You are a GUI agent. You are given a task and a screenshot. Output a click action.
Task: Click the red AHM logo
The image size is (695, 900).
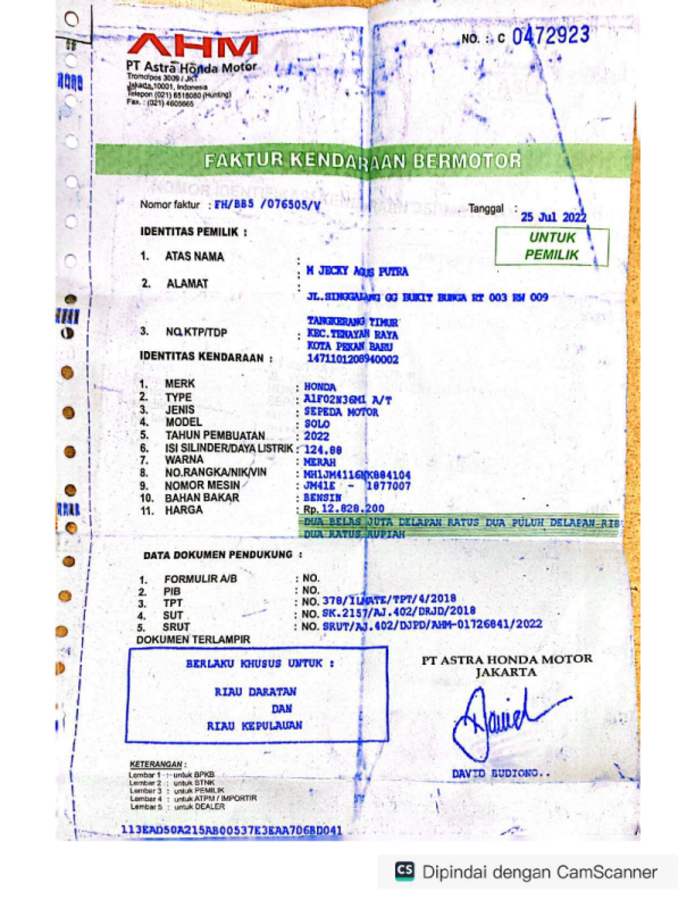[x=192, y=46]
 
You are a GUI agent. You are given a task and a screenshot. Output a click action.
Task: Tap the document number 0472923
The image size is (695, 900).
[x=550, y=36]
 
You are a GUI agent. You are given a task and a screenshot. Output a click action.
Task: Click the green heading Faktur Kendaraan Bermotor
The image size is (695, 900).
[x=363, y=161]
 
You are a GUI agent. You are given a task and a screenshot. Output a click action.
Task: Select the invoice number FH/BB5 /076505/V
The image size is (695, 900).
[x=267, y=205]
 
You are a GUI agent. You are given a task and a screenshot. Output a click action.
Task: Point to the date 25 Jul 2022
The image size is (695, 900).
[x=553, y=217]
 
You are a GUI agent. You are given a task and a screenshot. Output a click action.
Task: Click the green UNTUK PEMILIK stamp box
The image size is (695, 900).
[x=552, y=246]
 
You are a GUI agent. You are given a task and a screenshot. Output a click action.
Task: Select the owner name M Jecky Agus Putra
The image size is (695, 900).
[x=357, y=271]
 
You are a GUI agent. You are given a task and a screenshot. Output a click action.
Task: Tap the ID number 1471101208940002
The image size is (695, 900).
[x=352, y=359]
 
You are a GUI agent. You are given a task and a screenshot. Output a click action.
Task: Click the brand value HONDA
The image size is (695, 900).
[x=320, y=387]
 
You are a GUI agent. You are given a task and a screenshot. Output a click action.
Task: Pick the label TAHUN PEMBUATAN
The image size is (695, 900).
[x=215, y=435]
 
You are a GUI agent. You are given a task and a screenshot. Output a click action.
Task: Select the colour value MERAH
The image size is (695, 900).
[x=320, y=462]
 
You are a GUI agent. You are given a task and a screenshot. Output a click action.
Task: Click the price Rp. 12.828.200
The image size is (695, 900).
[x=343, y=509]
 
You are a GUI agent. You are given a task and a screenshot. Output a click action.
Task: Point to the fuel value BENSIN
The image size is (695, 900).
[x=323, y=498]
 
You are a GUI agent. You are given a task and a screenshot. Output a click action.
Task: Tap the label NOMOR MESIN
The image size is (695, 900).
[x=202, y=486]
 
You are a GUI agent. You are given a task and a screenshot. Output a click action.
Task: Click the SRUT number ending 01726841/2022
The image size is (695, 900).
[x=432, y=625]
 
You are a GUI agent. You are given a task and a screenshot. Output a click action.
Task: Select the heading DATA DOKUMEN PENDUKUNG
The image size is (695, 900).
[x=218, y=555]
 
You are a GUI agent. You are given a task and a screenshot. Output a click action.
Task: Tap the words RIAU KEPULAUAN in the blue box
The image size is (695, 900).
[x=255, y=726]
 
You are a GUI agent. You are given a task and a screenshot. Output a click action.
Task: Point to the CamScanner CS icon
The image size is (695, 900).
[x=405, y=871]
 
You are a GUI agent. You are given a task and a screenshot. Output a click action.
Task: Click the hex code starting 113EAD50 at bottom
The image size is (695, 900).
[x=232, y=830]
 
